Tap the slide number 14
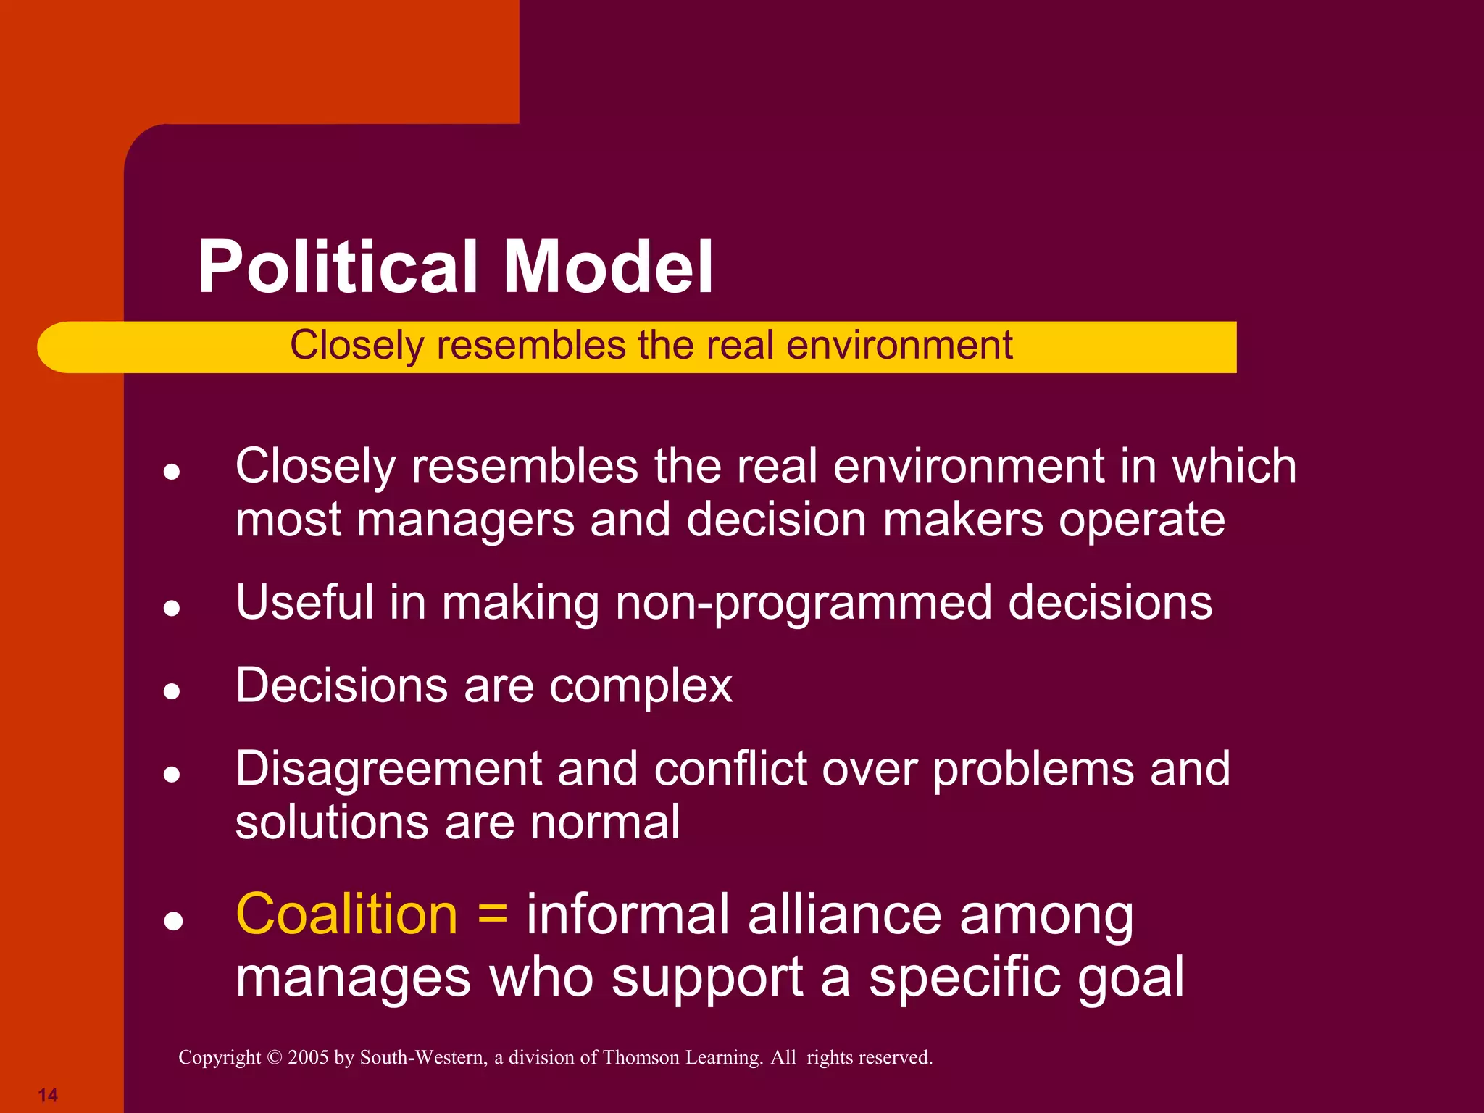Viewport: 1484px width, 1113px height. [48, 1095]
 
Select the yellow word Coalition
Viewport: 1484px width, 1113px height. [347, 914]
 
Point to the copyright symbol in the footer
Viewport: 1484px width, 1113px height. [274, 1058]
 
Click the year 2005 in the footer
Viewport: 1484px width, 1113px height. [309, 1058]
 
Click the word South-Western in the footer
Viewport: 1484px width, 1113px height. [423, 1058]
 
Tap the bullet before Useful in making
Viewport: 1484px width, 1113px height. [172, 607]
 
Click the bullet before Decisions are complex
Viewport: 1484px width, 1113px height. [172, 691]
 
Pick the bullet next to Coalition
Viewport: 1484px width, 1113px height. [173, 921]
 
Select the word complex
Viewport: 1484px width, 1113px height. [641, 686]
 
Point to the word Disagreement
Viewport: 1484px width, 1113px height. [388, 769]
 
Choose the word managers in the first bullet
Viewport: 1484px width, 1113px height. [466, 520]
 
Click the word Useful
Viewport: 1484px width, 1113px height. [304, 603]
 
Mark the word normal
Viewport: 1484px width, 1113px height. [605, 822]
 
